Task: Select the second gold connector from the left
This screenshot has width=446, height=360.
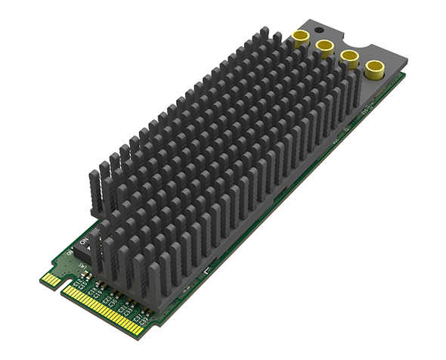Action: [x=325, y=47]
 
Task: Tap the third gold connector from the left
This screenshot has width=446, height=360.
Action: [x=349, y=58]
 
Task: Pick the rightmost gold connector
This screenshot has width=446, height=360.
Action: [x=373, y=70]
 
